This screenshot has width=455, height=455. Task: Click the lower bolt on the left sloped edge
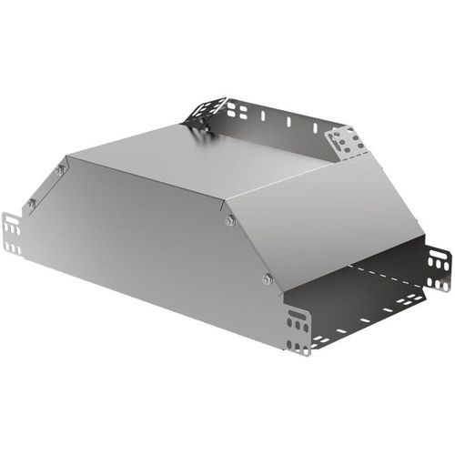coord(31,204)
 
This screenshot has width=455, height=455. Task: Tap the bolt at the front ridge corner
coord(229,219)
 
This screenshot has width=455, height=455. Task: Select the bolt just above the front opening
coord(267,278)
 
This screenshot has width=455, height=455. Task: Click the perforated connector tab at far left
coord(12,233)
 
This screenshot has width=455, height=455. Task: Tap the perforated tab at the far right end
coord(439,268)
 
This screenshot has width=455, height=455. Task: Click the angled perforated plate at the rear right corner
coord(345,142)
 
